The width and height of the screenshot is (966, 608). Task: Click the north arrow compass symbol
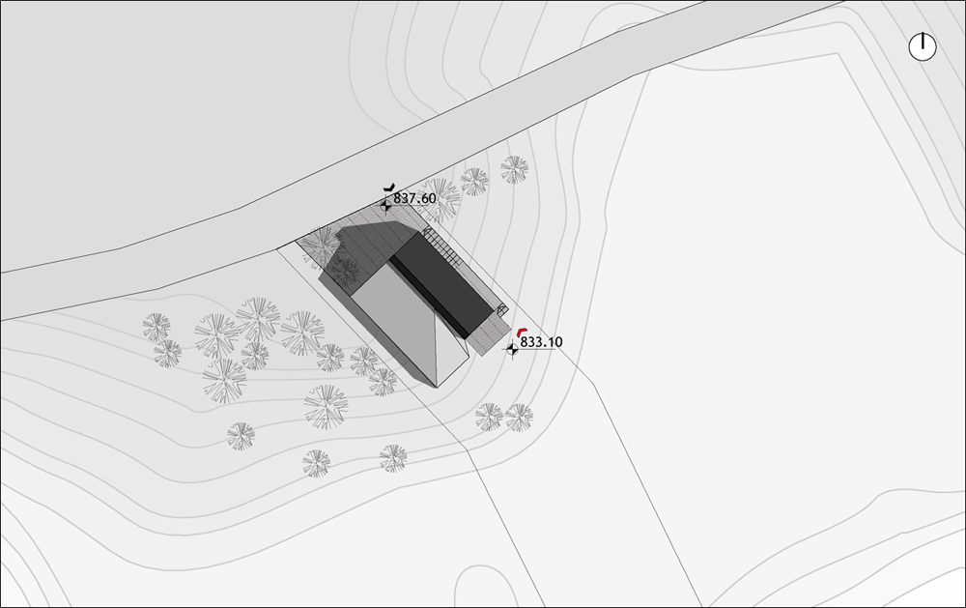click(923, 46)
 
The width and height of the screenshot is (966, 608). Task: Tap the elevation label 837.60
click(414, 198)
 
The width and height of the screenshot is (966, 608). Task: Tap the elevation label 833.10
click(541, 341)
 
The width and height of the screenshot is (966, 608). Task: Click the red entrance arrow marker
click(522, 332)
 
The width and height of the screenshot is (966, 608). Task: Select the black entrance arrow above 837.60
click(388, 187)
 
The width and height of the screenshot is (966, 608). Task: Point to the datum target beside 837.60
click(386, 204)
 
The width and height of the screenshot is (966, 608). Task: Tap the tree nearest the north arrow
click(514, 170)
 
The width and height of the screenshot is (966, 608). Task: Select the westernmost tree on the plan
click(156, 327)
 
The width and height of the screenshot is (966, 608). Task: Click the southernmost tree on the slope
click(316, 464)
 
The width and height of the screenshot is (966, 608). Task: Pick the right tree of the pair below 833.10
click(520, 417)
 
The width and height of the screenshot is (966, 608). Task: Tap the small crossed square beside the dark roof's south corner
click(502, 309)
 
